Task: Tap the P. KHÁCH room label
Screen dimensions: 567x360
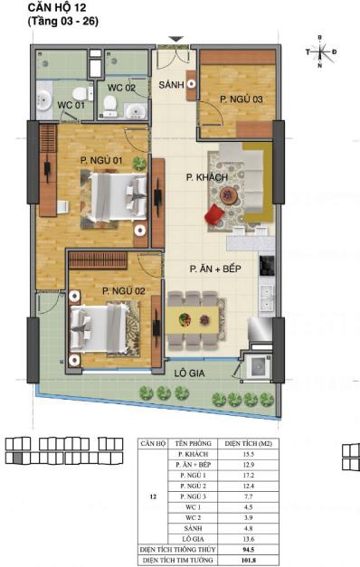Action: (205, 178)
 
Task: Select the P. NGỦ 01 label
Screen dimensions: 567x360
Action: (100, 160)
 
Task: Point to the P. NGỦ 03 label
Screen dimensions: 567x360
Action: (242, 99)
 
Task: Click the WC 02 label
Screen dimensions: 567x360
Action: (121, 88)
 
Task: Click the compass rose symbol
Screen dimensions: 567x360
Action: (321, 52)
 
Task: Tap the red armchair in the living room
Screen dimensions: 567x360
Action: (214, 215)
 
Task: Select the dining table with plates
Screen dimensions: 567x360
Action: (193, 318)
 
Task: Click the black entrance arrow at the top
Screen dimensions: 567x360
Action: (177, 39)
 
